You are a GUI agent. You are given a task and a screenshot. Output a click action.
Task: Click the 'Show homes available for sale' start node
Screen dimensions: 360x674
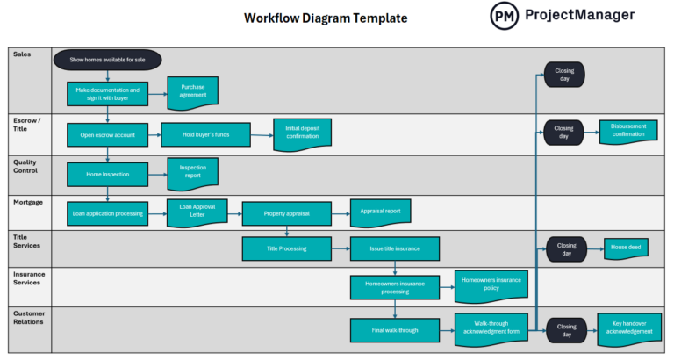point(108,60)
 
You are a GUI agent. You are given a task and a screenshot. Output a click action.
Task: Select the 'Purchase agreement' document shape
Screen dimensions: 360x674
point(192,92)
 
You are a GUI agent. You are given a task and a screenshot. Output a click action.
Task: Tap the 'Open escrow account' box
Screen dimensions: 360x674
point(107,134)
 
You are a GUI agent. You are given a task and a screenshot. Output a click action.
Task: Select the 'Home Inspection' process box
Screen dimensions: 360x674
point(107,174)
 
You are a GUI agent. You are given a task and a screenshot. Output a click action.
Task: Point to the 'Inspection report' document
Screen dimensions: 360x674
point(192,173)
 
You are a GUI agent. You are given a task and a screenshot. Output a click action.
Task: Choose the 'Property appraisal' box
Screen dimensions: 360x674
point(287,212)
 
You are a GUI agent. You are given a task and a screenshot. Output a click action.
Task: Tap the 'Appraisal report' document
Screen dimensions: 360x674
point(380,212)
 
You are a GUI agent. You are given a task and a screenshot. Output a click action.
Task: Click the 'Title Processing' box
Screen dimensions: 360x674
point(287,248)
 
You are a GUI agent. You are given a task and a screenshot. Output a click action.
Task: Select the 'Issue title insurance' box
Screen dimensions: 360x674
point(395,248)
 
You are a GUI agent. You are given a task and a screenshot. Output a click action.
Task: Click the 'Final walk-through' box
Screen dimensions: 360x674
point(395,330)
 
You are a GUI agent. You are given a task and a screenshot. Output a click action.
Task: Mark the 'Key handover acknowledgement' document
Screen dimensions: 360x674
point(629,328)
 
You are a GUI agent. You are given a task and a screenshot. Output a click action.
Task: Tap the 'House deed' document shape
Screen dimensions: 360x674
point(627,248)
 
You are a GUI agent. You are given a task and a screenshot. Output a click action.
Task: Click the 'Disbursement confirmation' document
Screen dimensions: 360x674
point(628,132)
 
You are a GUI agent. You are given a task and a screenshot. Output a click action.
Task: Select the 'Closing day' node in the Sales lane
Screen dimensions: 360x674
point(563,75)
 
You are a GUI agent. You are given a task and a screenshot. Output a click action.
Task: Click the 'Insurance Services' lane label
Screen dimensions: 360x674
point(30,278)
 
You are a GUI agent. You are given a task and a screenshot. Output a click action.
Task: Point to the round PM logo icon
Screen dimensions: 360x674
point(504,15)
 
